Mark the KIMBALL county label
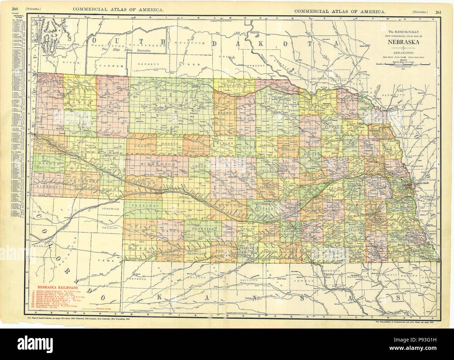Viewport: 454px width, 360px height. click(46, 187)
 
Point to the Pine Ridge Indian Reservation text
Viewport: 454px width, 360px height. click(126, 51)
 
